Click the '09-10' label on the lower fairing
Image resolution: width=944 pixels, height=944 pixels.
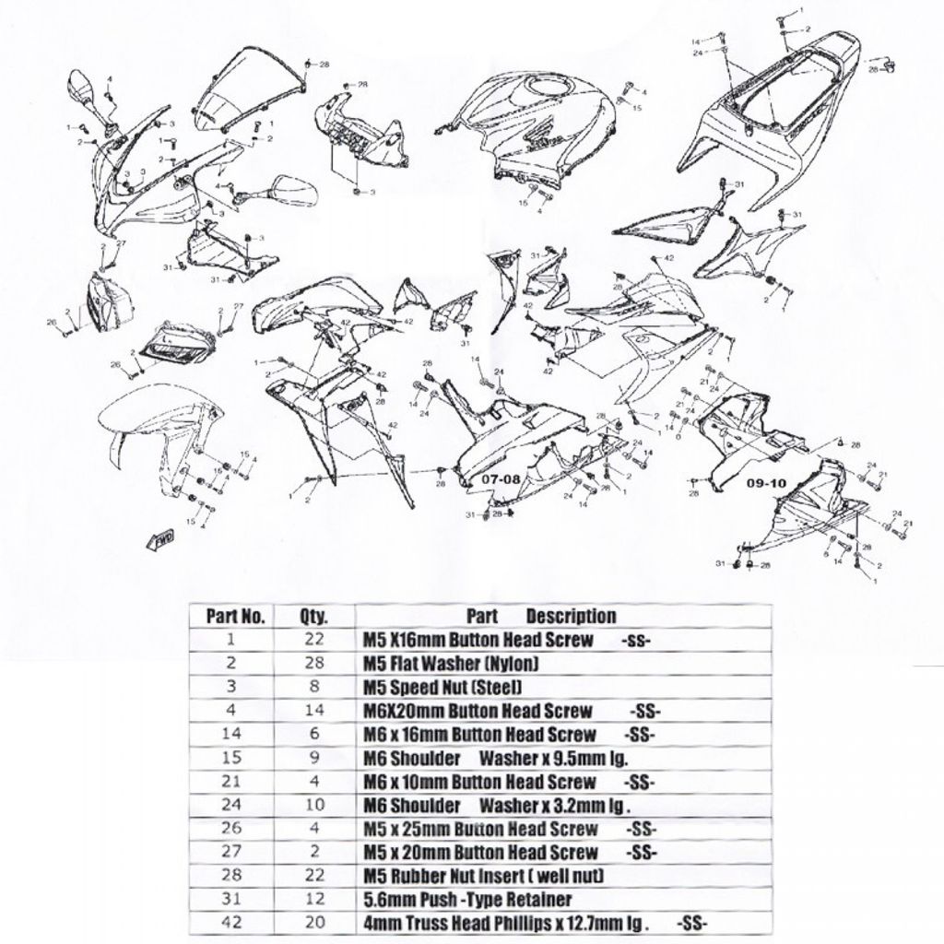(766, 482)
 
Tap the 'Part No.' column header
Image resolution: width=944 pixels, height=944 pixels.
(235, 617)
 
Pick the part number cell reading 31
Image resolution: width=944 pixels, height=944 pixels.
(231, 899)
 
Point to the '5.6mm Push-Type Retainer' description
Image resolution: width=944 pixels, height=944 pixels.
(468, 899)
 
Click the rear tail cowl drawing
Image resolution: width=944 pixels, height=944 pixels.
(774, 111)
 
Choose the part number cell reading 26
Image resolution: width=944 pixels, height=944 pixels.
(231, 828)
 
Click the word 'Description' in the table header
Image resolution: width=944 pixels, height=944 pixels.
(571, 616)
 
